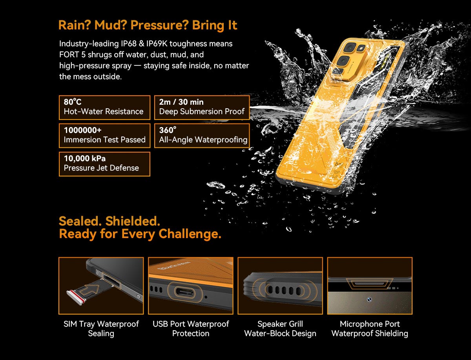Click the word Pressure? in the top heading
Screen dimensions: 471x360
pyautogui.click(x=159, y=25)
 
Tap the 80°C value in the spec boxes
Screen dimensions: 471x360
pyautogui.click(x=73, y=102)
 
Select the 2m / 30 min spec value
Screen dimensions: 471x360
pyautogui.click(x=181, y=102)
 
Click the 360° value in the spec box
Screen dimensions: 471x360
pyautogui.click(x=168, y=130)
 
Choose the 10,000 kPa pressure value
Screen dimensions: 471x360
pyautogui.click(x=85, y=158)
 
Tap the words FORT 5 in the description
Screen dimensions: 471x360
pyautogui.click(x=73, y=55)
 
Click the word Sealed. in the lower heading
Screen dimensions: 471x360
pyautogui.click(x=80, y=221)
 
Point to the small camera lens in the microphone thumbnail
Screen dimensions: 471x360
pyautogui.click(x=369, y=299)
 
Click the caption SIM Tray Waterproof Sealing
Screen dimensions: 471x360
pyautogui.click(x=101, y=329)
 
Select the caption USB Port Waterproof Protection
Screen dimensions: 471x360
pyautogui.click(x=191, y=329)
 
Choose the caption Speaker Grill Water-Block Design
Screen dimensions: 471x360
pyautogui.click(x=280, y=329)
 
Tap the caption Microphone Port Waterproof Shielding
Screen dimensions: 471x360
pyautogui.click(x=370, y=329)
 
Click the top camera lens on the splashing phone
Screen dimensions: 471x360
pyautogui.click(x=350, y=47)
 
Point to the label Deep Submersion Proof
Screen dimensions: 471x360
pyautogui.click(x=202, y=111)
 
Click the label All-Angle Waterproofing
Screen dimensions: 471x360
pyautogui.click(x=203, y=140)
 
